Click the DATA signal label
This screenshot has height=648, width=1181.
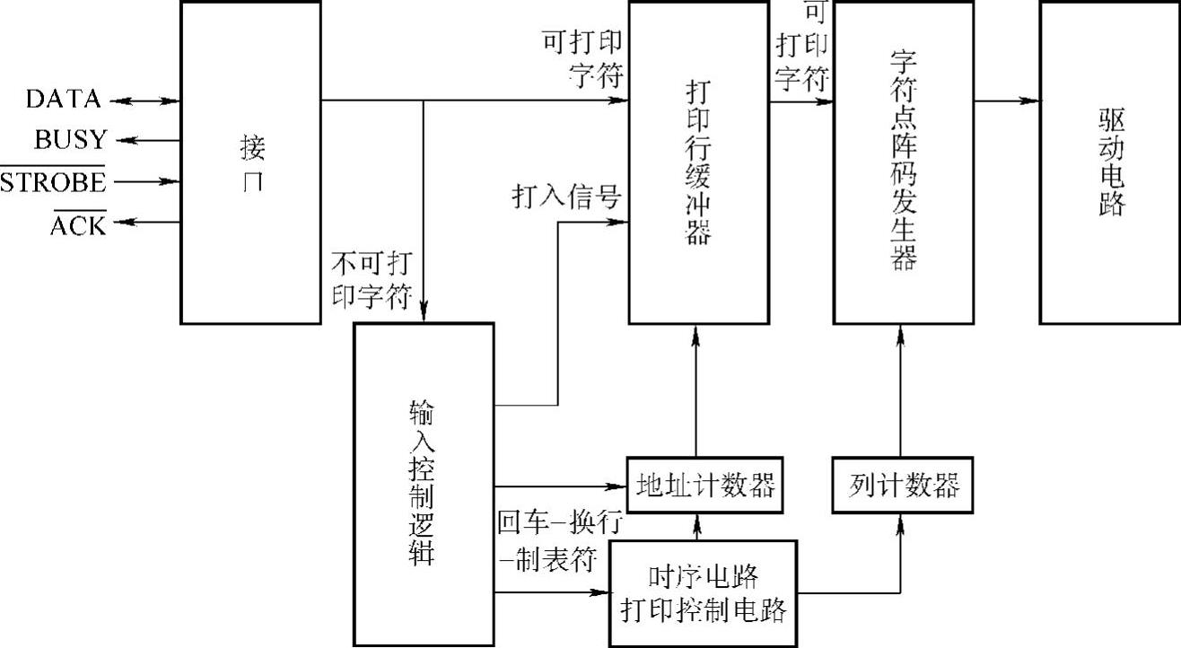(63, 100)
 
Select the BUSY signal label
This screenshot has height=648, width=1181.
(70, 140)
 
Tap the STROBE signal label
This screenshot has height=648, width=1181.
(53, 182)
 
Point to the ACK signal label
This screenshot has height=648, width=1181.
(77, 224)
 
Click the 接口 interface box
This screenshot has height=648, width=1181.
(251, 162)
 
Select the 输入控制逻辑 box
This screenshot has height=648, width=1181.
(423, 485)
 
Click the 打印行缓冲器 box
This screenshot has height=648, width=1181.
(698, 162)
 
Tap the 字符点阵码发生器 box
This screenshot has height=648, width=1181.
(904, 162)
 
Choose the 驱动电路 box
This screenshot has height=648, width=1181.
(1110, 162)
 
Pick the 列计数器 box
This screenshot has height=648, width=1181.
(904, 486)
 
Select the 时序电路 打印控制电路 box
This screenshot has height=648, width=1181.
(704, 592)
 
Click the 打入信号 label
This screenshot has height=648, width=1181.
(567, 197)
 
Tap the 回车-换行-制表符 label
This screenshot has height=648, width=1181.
(558, 541)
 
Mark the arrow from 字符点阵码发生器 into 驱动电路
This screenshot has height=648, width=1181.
(1007, 101)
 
